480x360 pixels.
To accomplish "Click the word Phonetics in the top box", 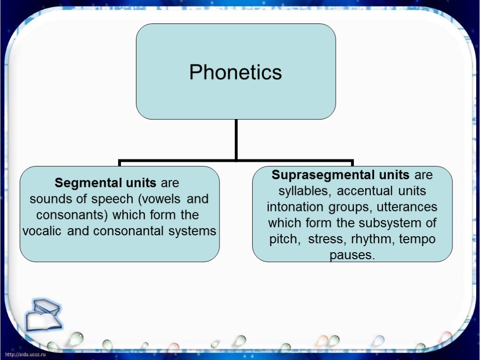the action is click(236, 72).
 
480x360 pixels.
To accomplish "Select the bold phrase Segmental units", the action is click(105, 182).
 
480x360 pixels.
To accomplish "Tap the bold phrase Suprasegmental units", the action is click(341, 175).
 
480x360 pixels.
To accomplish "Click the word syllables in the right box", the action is click(304, 191).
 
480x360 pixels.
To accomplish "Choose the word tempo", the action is click(417, 239).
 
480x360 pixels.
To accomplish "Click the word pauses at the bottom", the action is click(352, 255).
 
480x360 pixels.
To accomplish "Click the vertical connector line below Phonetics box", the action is click(236, 139).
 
